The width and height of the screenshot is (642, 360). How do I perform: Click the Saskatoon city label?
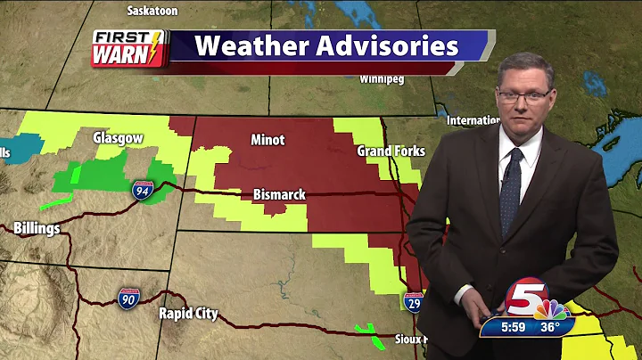pos(153,11)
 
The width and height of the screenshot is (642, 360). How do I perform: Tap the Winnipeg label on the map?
pos(382,79)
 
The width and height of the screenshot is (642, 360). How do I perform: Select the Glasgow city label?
pos(119,138)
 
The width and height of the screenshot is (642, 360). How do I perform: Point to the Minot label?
pos(267,140)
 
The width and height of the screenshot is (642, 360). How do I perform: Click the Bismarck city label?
pos(280,194)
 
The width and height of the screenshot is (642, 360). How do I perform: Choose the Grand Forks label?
pos(391,151)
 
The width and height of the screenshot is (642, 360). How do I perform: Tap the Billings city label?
pos(37,229)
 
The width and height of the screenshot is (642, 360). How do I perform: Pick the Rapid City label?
pos(188,314)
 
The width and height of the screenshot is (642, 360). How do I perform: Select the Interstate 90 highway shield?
pos(128,298)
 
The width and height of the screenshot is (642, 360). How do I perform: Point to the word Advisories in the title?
pos(388,46)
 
